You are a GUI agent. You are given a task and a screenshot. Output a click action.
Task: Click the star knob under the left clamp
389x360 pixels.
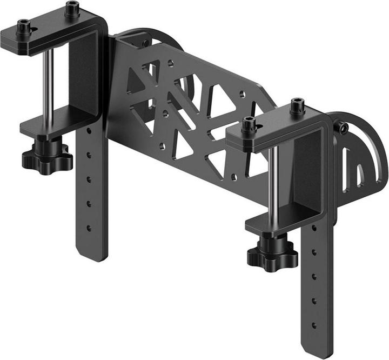47,157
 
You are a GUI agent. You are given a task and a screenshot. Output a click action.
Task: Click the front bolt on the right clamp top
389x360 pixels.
249,125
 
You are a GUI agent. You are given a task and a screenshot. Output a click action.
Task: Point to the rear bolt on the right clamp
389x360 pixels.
297,105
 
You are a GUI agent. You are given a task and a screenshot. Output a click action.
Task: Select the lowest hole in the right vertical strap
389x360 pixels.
314,325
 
